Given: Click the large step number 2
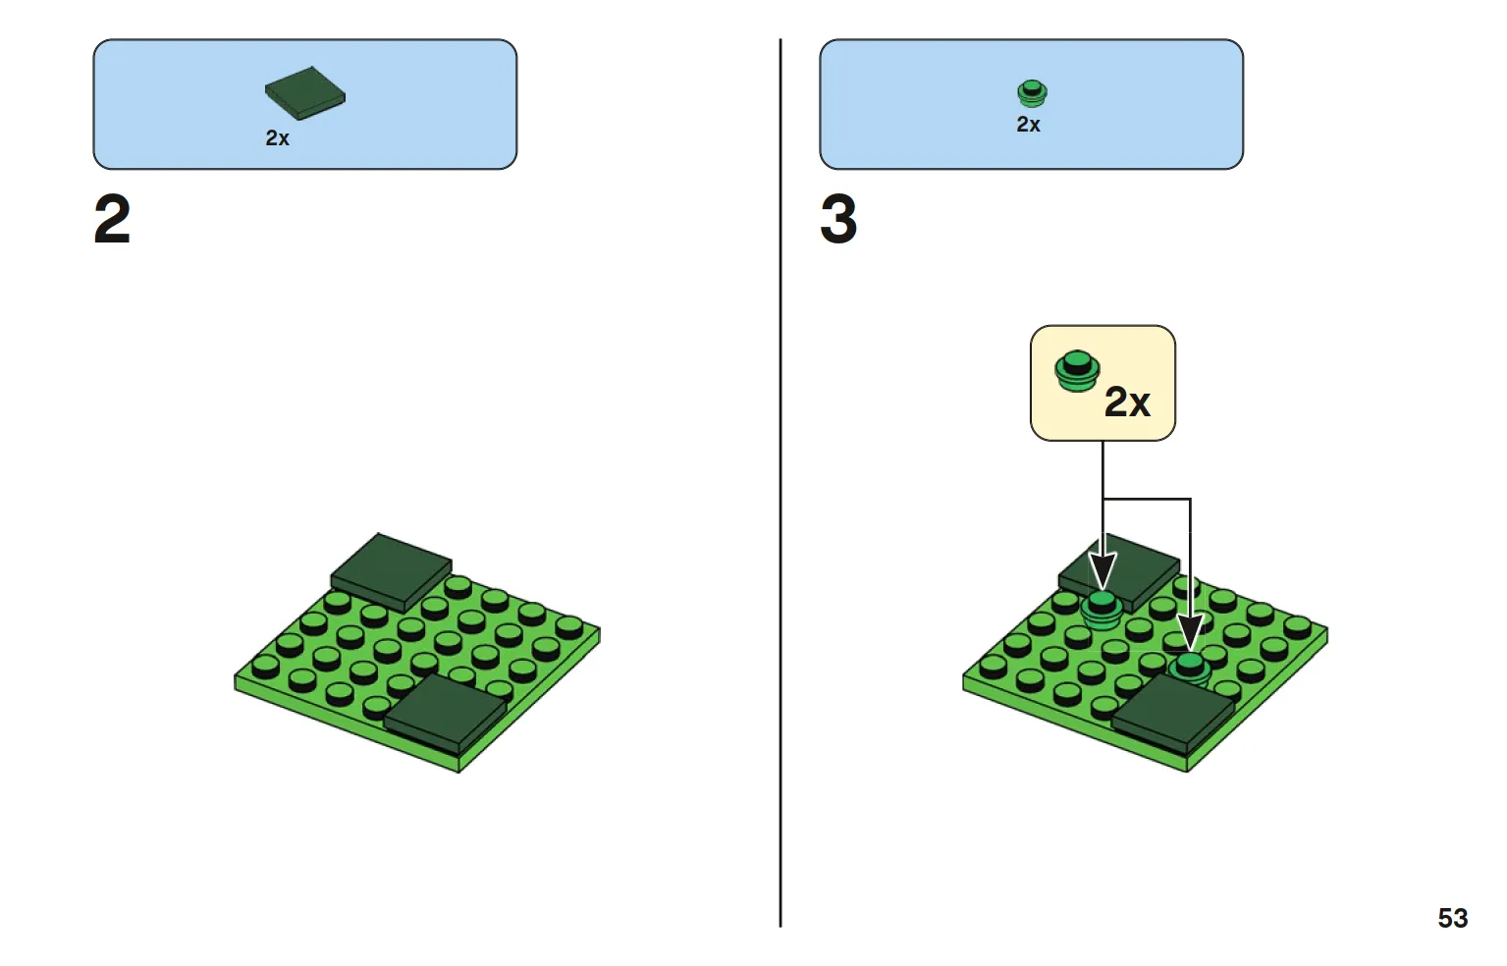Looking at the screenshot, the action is (x=112, y=219).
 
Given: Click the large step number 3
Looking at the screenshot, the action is (x=838, y=219).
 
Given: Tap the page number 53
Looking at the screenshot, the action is (x=1452, y=918).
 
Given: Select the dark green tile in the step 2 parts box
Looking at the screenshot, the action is (x=304, y=93).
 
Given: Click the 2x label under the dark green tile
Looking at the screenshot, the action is (x=277, y=137).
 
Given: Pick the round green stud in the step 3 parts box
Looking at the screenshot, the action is (x=1032, y=93).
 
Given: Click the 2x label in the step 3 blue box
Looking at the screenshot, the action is (x=1028, y=125).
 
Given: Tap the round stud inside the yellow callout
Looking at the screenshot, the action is (x=1076, y=371).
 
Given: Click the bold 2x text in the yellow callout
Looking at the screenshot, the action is (x=1128, y=402).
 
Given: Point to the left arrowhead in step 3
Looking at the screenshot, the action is (x=1102, y=571).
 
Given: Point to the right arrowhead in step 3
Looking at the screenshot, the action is (x=1190, y=631).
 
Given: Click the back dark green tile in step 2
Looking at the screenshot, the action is (x=391, y=571).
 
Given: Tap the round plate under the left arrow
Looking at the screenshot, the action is (x=1102, y=610).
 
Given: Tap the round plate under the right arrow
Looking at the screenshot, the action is (x=1190, y=669).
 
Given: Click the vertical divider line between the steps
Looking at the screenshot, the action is (x=780, y=482).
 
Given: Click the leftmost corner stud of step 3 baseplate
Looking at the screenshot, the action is (x=993, y=666).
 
